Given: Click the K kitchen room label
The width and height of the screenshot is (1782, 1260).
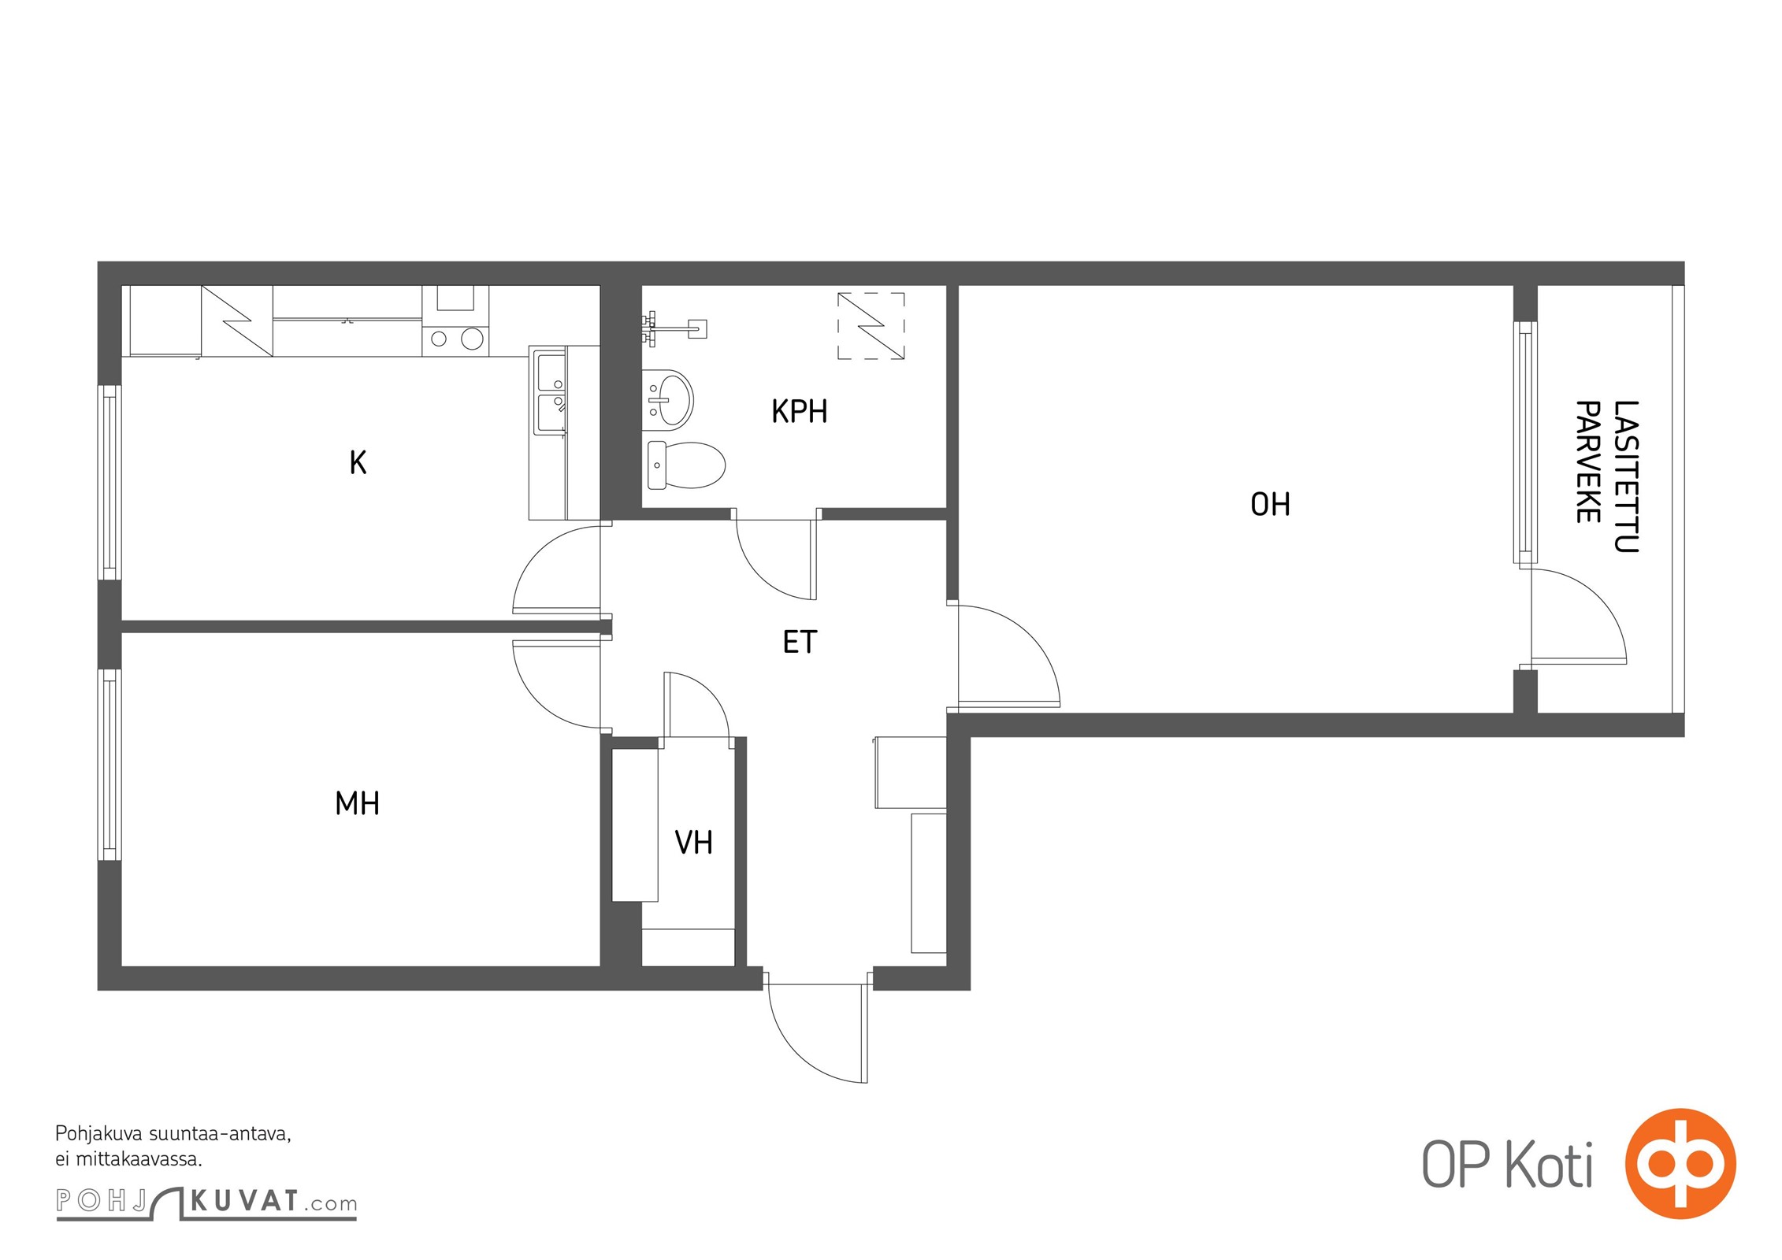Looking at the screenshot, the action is coord(358,462).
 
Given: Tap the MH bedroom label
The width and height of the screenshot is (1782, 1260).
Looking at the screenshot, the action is coord(357,803).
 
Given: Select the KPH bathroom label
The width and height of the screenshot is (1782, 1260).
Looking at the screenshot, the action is coord(799,411).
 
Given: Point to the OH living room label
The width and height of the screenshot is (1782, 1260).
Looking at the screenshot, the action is coord(1270,504).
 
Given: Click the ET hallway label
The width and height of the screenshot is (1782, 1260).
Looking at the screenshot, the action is coord(800,642).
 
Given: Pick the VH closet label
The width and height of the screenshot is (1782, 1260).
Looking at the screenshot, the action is coord(693,843).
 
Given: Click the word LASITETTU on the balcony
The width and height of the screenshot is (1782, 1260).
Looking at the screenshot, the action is coord(1626,476).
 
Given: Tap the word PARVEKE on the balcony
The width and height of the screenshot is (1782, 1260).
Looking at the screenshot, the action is coord(1587,461).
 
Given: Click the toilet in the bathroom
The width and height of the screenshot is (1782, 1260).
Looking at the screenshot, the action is coord(685,465).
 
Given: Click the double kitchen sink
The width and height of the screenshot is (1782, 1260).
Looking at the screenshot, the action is coord(551,392).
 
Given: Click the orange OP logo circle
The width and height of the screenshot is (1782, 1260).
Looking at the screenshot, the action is coord(1680,1163).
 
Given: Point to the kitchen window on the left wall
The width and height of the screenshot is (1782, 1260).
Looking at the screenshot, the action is coord(110,483).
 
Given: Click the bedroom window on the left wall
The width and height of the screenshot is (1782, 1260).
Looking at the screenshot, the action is coord(110,765).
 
